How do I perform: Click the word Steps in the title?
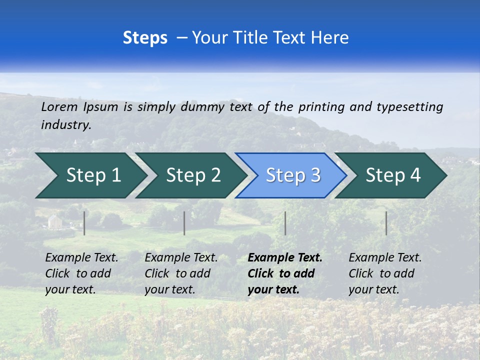coord(145,38)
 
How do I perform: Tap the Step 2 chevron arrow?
coord(193,175)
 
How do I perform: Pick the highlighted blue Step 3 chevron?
coord(293,175)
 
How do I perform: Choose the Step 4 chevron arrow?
coord(393,175)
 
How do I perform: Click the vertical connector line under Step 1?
coord(84,223)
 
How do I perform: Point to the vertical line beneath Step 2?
coord(184,223)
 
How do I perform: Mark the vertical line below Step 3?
coord(285,223)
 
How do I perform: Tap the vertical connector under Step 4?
coord(386,223)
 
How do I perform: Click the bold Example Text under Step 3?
coord(285,273)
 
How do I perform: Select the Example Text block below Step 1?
coord(81,273)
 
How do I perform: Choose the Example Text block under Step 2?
coord(181,273)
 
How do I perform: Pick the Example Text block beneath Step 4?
coord(385,273)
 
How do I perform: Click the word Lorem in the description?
coord(59,106)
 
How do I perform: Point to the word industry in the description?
coord(66,125)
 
